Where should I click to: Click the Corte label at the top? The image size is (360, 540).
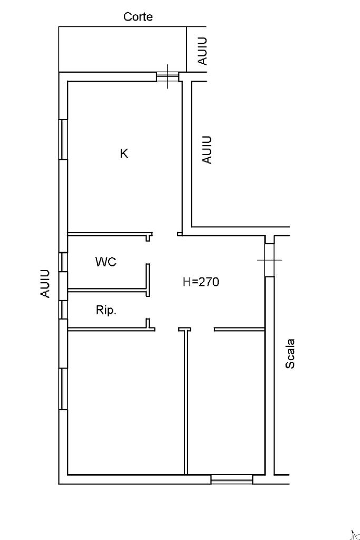tap(138, 17)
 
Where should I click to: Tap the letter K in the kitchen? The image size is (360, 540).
tap(124, 153)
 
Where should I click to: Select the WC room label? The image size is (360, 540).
tap(106, 262)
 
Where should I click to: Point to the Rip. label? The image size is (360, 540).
tap(106, 311)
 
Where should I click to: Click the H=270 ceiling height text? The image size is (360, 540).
tap(200, 282)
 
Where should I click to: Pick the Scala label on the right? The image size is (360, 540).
tap(290, 353)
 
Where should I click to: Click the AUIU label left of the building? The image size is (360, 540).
tap(46, 283)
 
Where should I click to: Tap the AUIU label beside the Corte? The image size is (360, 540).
tap(202, 51)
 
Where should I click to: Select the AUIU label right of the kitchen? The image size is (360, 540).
tap(208, 150)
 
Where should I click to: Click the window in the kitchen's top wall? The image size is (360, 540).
tap(168, 77)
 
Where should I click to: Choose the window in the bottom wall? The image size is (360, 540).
tap(231, 479)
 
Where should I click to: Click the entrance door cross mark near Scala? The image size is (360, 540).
tap(269, 259)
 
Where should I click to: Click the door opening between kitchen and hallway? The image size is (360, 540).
tap(165, 234)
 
